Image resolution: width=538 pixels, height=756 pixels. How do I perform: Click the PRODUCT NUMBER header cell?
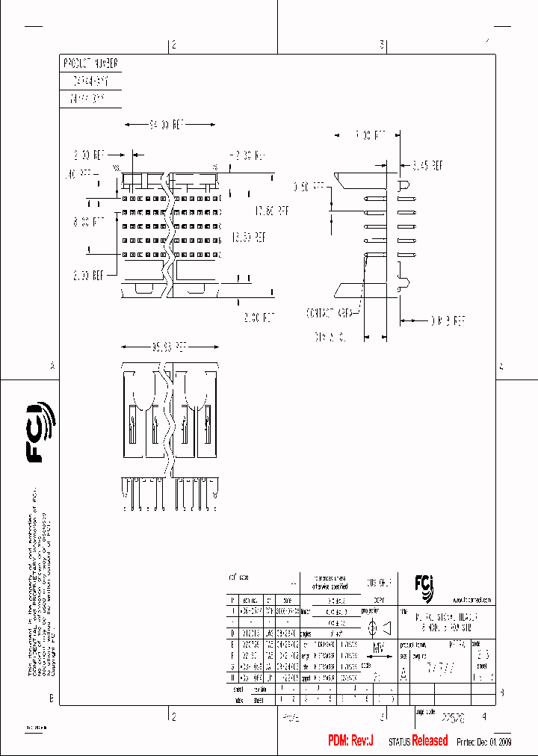tap(90, 63)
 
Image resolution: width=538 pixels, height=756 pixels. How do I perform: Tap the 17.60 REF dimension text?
tap(271, 211)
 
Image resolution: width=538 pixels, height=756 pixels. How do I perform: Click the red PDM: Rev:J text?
tap(350, 740)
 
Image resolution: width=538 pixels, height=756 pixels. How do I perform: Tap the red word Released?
tap(430, 740)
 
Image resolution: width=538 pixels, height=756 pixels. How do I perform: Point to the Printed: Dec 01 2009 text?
tap(483, 742)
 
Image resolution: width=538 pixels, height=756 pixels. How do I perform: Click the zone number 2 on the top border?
tap(173, 45)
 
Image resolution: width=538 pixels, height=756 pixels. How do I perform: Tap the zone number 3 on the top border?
tap(382, 45)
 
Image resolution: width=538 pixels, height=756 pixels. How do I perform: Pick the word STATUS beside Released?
tap(400, 742)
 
